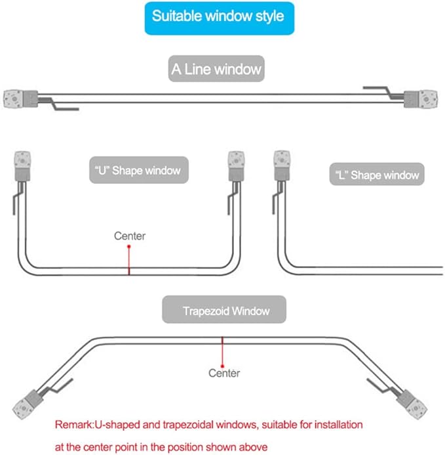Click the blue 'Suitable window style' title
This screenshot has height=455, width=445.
click(x=220, y=18)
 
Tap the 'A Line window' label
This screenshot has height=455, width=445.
click(x=216, y=69)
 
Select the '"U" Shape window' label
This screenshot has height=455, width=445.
click(x=139, y=170)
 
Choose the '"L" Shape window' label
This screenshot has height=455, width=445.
click(x=377, y=174)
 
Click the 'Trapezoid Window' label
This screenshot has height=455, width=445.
click(x=224, y=309)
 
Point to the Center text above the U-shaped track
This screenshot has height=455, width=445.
click(x=130, y=236)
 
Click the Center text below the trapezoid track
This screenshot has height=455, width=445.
click(x=224, y=373)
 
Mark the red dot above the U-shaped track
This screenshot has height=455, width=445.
click(x=129, y=246)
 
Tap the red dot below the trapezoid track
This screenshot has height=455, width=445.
click(x=222, y=366)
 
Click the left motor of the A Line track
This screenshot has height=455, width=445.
click(x=20, y=99)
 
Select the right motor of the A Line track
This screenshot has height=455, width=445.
click(x=421, y=99)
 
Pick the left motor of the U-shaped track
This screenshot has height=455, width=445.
click(x=22, y=166)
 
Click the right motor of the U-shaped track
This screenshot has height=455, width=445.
click(x=236, y=166)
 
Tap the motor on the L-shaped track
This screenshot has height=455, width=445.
click(x=282, y=165)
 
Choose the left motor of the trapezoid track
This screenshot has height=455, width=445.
click(x=28, y=404)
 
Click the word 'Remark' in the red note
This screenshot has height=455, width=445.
click(x=73, y=425)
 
